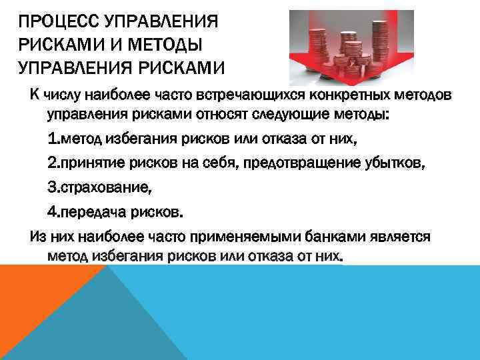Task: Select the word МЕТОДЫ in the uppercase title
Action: (x=167, y=45)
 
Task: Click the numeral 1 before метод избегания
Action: (x=52, y=139)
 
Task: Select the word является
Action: (x=401, y=237)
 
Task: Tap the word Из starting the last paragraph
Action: (x=37, y=237)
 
